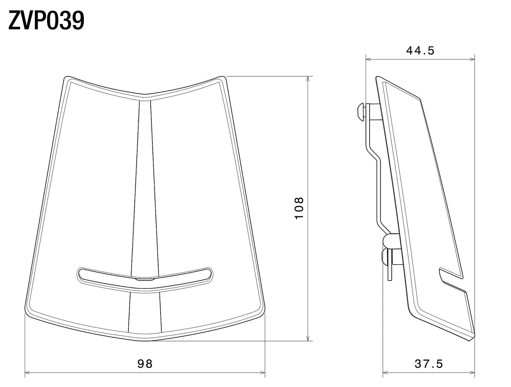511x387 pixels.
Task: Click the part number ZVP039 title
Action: click(46, 21)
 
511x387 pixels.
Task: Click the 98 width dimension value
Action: click(145, 363)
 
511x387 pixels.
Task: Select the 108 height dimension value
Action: click(299, 208)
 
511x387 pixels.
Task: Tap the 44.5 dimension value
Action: click(420, 51)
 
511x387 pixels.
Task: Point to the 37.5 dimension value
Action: click(429, 363)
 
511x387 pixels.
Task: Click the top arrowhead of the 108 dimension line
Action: click(308, 78)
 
